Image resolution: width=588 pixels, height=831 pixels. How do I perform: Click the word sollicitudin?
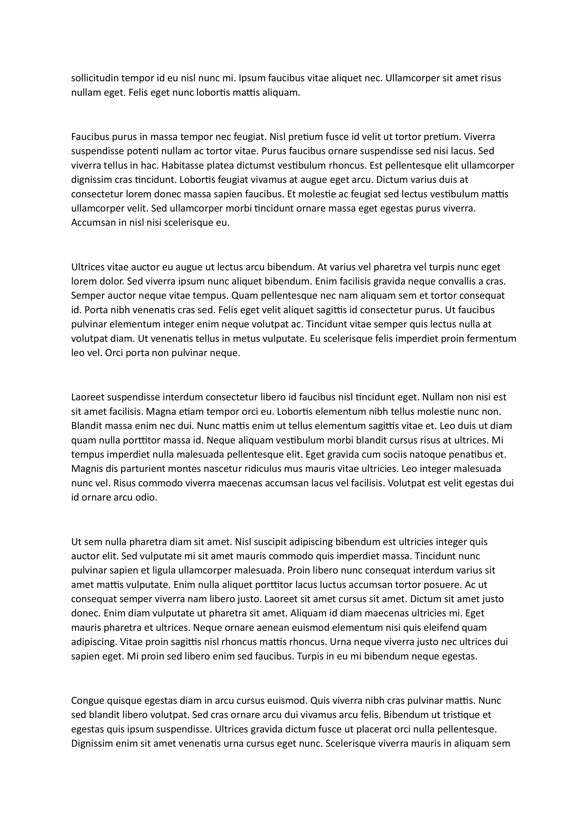click(95, 78)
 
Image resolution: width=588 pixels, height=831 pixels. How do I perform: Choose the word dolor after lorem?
click(112, 281)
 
